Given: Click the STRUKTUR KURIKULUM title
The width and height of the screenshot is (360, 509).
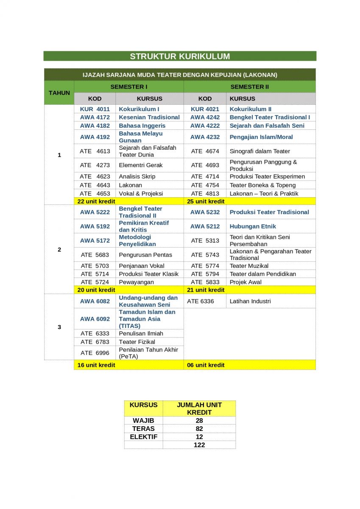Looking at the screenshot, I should click(180, 56).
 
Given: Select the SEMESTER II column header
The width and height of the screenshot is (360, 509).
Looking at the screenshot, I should click(249, 87).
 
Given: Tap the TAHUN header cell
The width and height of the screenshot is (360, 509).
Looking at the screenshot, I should click(59, 92).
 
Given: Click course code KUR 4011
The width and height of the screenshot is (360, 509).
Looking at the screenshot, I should click(95, 109).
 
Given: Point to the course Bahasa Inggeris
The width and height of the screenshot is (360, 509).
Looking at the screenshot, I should click(142, 126).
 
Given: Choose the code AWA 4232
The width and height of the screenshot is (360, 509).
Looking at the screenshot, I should click(205, 137).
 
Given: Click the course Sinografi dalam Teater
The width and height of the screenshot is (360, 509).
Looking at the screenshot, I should click(260, 151).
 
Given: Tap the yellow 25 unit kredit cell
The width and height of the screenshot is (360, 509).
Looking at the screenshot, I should click(206, 201).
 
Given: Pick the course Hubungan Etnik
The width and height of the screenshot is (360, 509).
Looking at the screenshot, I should click(253, 226).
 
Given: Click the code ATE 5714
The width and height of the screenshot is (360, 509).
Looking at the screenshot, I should click(95, 274).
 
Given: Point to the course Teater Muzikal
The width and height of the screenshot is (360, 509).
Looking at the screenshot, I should click(249, 266).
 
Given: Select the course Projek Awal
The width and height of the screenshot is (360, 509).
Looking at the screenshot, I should click(246, 282).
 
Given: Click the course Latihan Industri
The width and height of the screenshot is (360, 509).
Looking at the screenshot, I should click(250, 301).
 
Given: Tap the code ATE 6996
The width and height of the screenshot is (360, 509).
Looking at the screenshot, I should click(95, 353).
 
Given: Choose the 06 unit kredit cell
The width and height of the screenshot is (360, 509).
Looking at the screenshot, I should click(206, 365).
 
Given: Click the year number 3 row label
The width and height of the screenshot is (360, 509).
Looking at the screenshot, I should click(59, 327).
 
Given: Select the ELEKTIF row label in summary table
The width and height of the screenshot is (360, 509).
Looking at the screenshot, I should click(143, 436).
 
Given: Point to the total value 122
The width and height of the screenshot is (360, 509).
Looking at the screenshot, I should click(199, 445).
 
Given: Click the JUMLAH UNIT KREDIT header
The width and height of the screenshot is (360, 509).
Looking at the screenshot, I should click(199, 408).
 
